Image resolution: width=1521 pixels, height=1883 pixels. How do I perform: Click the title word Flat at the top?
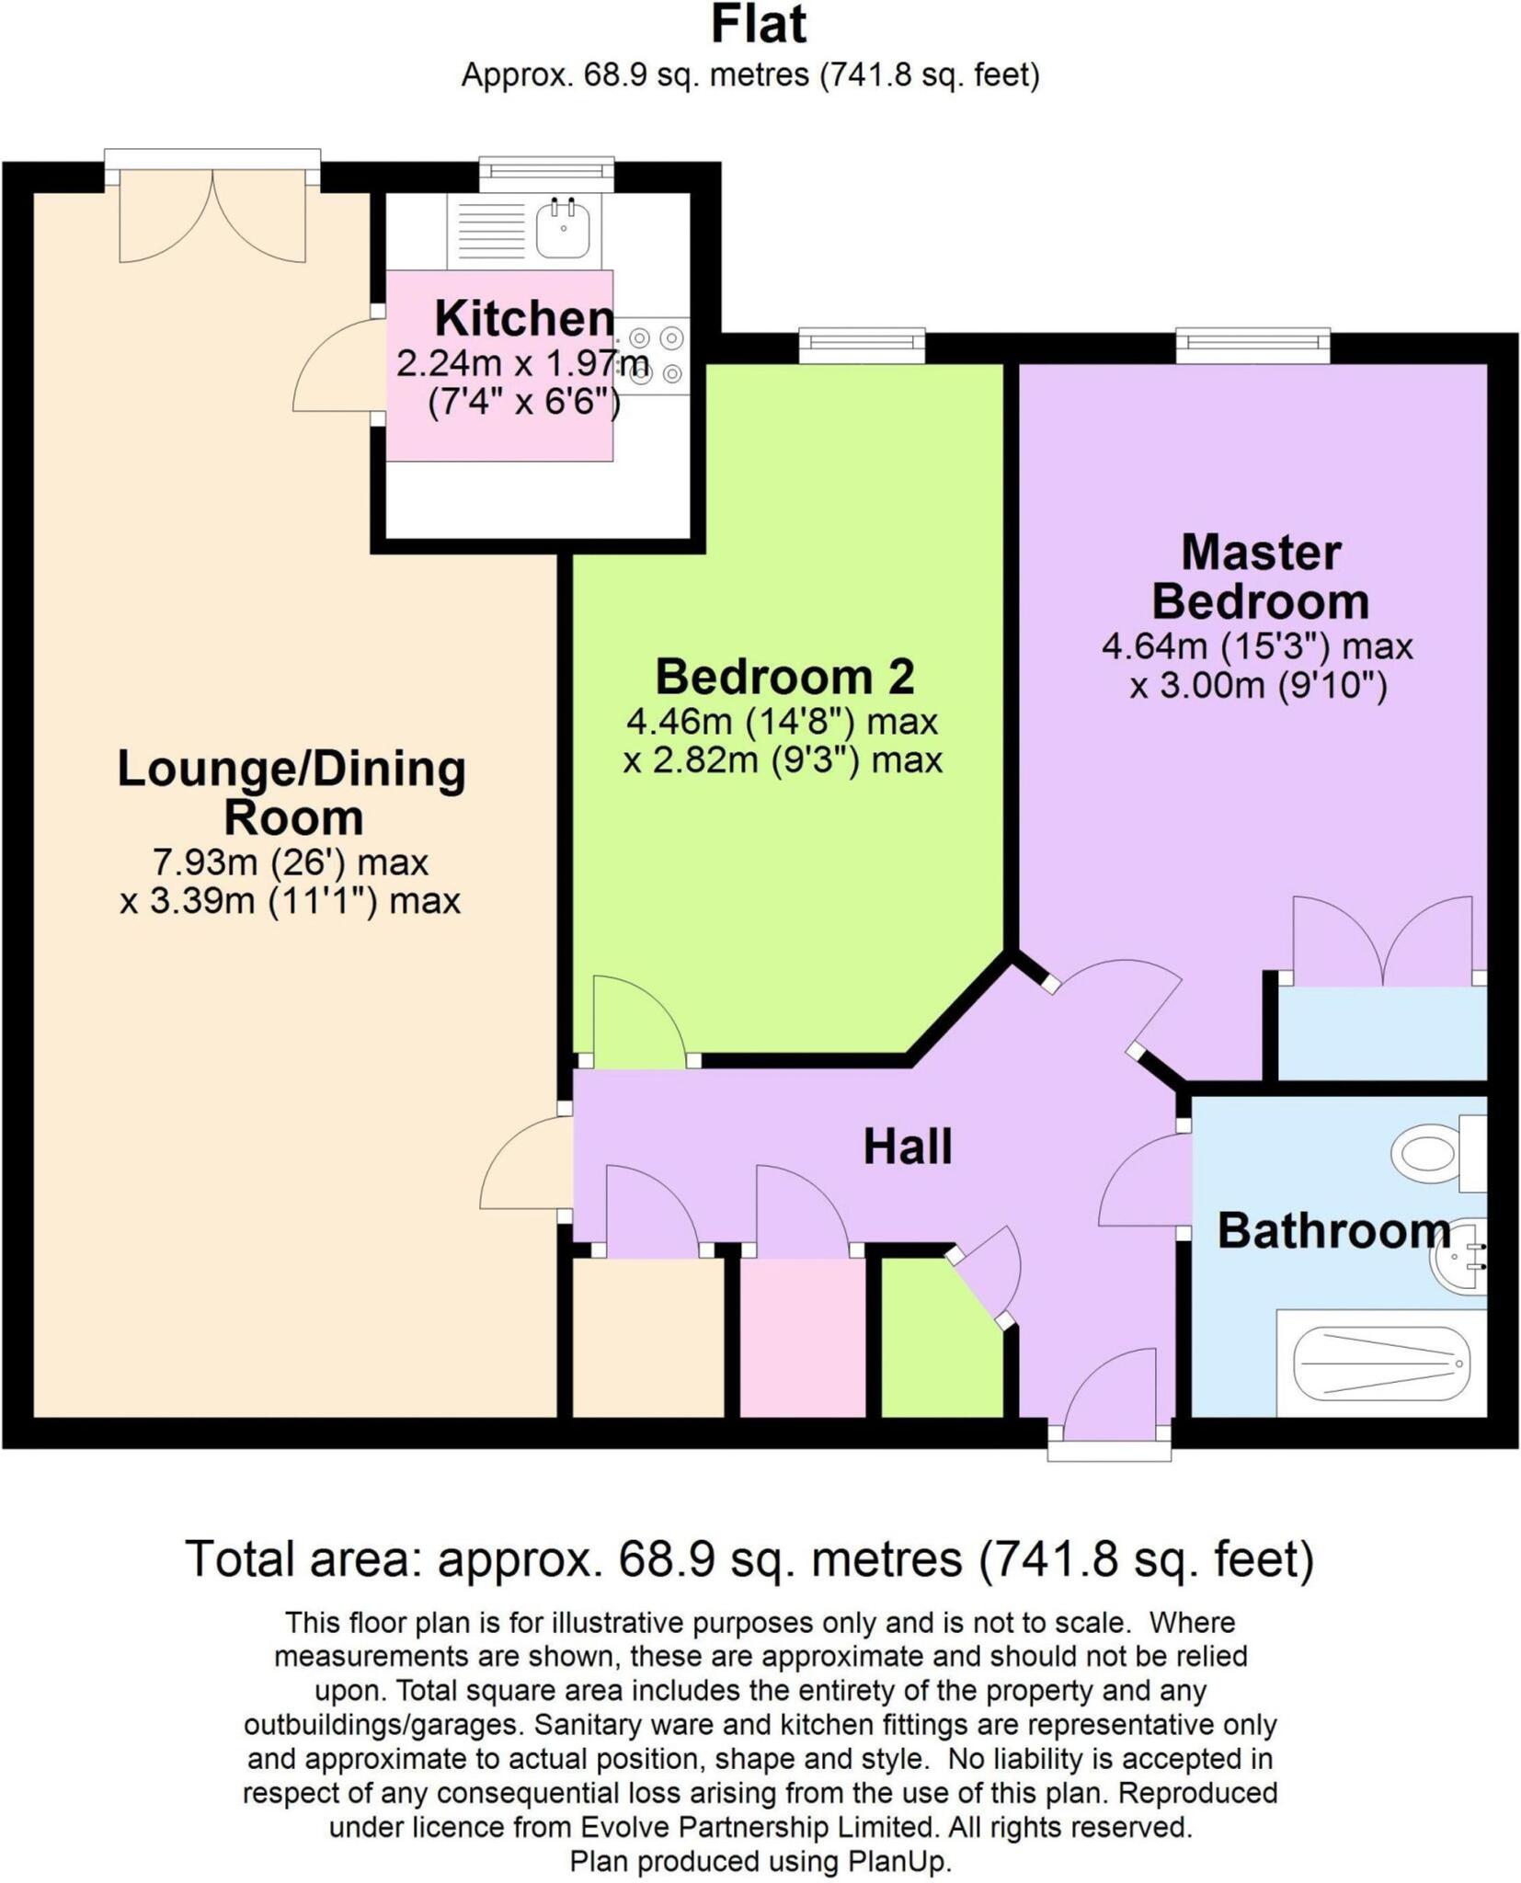[759, 25]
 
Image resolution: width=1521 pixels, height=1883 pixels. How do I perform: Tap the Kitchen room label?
[524, 318]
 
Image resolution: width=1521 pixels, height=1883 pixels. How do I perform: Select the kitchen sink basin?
[562, 228]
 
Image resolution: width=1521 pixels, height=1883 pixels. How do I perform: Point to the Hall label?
[908, 1147]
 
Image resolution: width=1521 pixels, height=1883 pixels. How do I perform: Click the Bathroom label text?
[1334, 1230]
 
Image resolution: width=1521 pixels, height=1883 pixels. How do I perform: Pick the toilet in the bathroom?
[1439, 1153]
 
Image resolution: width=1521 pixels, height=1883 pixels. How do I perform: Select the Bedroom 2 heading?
[784, 677]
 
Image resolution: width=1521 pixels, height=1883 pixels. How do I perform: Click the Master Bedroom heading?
[1260, 576]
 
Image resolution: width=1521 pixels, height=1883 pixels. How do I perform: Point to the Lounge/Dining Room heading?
[292, 793]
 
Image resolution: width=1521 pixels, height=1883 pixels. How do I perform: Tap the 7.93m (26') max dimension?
[290, 862]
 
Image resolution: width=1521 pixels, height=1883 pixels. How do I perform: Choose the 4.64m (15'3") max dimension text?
[1257, 646]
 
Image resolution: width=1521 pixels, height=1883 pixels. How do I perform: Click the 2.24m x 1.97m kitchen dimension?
[523, 363]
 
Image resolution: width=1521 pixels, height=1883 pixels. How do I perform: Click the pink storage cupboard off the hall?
[803, 1338]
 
